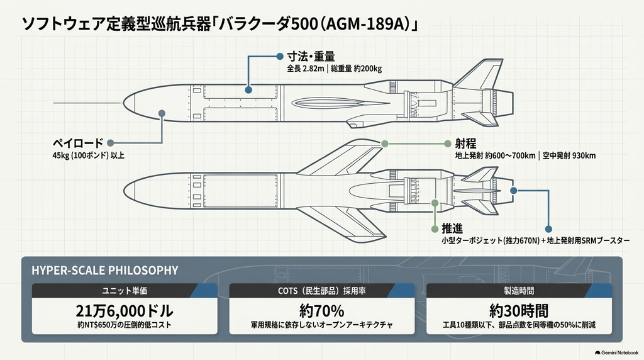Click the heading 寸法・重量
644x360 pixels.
(x=311, y=56)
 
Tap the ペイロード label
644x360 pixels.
(x=77, y=143)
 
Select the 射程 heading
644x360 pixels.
(x=465, y=143)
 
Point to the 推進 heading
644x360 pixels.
(x=452, y=228)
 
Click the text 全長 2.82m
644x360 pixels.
(x=306, y=69)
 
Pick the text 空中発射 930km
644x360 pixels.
(x=569, y=155)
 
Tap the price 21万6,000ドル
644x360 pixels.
(x=125, y=311)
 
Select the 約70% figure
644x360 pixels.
(x=321, y=311)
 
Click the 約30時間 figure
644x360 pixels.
(x=519, y=311)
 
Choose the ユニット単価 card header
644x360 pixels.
(x=125, y=291)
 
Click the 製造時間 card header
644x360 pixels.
(x=519, y=291)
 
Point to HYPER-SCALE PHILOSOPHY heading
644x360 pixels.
(x=105, y=271)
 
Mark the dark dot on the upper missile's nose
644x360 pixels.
(x=162, y=113)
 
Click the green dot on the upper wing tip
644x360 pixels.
(x=385, y=144)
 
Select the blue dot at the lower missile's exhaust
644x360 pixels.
(x=513, y=191)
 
